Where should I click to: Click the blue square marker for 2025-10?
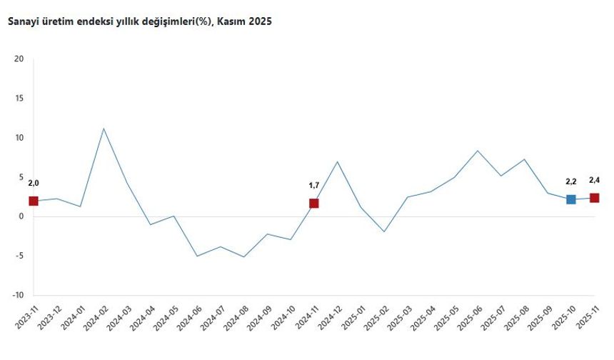[x=571, y=199]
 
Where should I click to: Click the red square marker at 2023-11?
[x=34, y=201]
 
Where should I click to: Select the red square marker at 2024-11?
[x=314, y=204]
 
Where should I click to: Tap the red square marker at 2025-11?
[x=594, y=198]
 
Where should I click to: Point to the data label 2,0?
[x=34, y=183]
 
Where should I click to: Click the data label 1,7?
[x=314, y=186]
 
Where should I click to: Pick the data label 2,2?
[x=571, y=181]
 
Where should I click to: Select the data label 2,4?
[x=594, y=180]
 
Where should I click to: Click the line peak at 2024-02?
[x=104, y=129]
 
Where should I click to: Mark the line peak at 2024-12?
[x=337, y=161]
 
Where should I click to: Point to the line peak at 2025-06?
[x=478, y=151]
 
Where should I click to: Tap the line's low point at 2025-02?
[x=384, y=231]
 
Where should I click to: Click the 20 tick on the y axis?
[x=19, y=59]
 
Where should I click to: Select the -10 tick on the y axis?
[x=18, y=295]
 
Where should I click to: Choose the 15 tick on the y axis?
[x=19, y=99]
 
